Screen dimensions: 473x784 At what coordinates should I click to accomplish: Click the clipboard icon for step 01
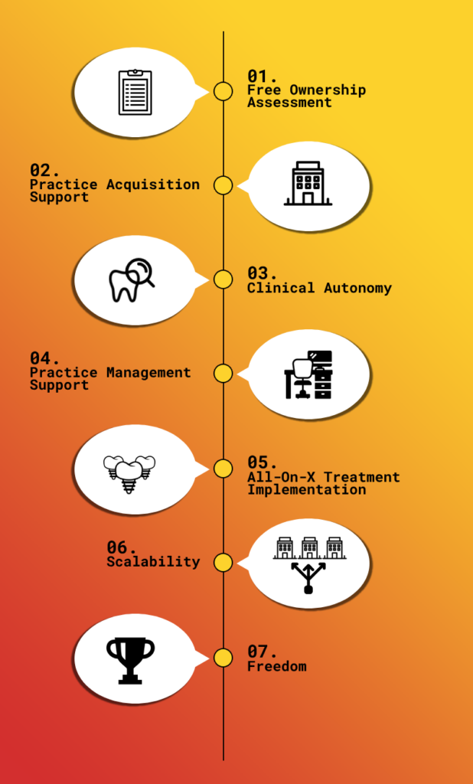point(135,93)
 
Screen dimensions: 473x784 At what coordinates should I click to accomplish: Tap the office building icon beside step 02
point(308,183)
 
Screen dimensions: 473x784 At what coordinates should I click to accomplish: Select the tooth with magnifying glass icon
point(132,279)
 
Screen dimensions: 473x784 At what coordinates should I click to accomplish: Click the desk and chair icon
point(308,374)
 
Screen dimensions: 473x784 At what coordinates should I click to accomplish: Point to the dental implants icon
point(129,473)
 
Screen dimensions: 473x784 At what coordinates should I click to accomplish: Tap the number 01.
point(262,77)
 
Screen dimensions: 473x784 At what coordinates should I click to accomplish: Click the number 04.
point(44,358)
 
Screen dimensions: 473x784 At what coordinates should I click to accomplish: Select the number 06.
point(122,547)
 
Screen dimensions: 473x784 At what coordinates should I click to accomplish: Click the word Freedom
point(277,667)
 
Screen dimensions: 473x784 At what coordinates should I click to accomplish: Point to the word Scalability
point(154,562)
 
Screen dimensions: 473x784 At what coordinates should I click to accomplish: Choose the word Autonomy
point(357,289)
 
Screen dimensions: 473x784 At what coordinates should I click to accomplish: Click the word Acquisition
point(153,185)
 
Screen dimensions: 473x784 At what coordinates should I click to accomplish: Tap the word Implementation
point(306,490)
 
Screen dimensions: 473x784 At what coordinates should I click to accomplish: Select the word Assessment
point(289,103)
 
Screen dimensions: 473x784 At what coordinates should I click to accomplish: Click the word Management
point(148,373)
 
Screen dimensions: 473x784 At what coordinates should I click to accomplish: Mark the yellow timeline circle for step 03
point(223,279)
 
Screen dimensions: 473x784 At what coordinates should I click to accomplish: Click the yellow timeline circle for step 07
point(223,658)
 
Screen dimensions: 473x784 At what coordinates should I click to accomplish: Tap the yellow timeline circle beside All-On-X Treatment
point(223,469)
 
